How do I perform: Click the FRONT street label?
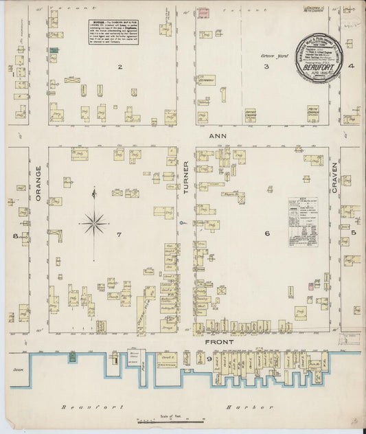(220, 341)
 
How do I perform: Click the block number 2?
(119, 67)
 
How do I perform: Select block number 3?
(266, 67)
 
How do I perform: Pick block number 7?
(119, 235)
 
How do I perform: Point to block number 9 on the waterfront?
(209, 358)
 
